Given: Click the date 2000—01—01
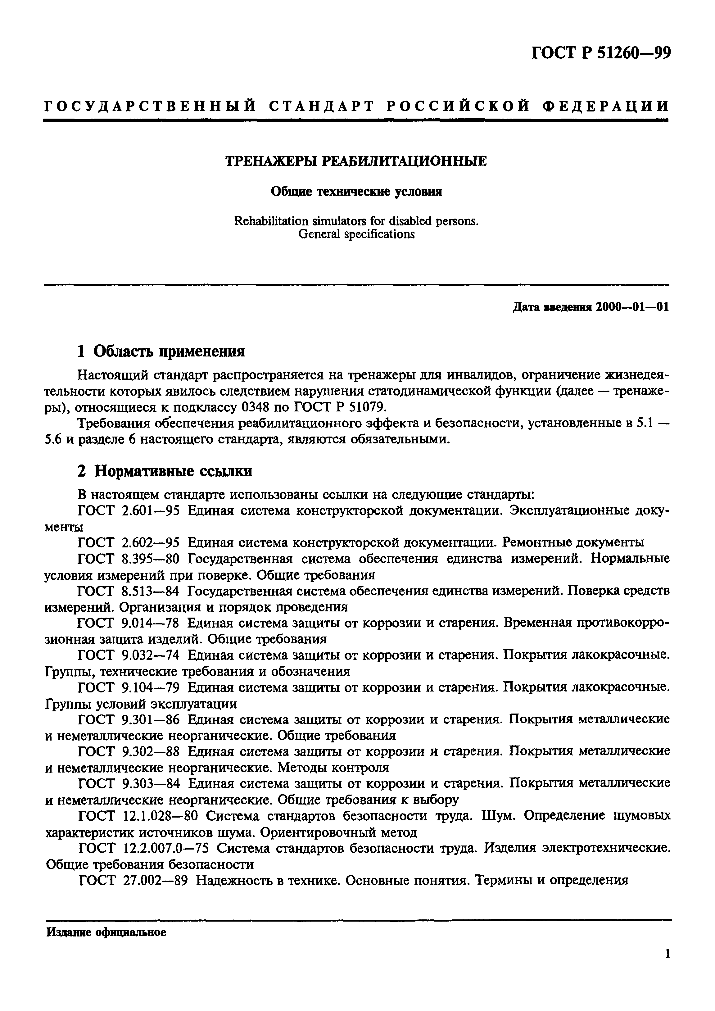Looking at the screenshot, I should [632, 307].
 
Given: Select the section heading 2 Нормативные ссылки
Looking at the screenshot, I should [165, 471].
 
